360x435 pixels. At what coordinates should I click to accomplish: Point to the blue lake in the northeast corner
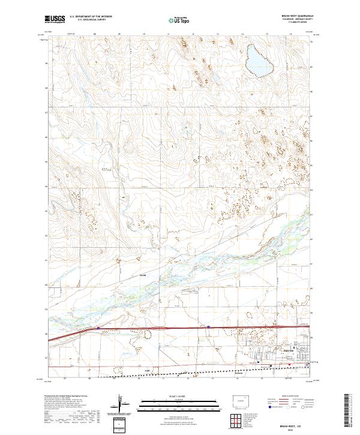pos(259,60)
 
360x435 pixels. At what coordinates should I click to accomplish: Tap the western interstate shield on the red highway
pos(98,328)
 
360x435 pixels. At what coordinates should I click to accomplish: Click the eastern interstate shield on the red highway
pos(208,327)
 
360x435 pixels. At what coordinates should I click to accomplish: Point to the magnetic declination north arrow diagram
pos(122,406)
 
